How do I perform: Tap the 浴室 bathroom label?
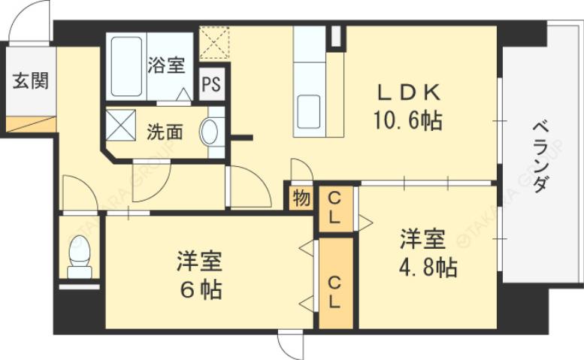tap(166, 65)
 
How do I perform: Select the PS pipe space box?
tap(211, 84)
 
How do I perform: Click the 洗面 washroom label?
tap(165, 132)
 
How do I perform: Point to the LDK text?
tap(409, 93)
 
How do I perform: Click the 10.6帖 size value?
tap(409, 120)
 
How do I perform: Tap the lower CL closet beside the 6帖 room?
tap(336, 290)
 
